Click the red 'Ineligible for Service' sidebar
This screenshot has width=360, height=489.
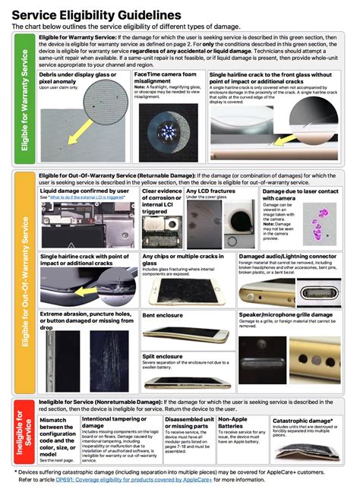tap(24, 437)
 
